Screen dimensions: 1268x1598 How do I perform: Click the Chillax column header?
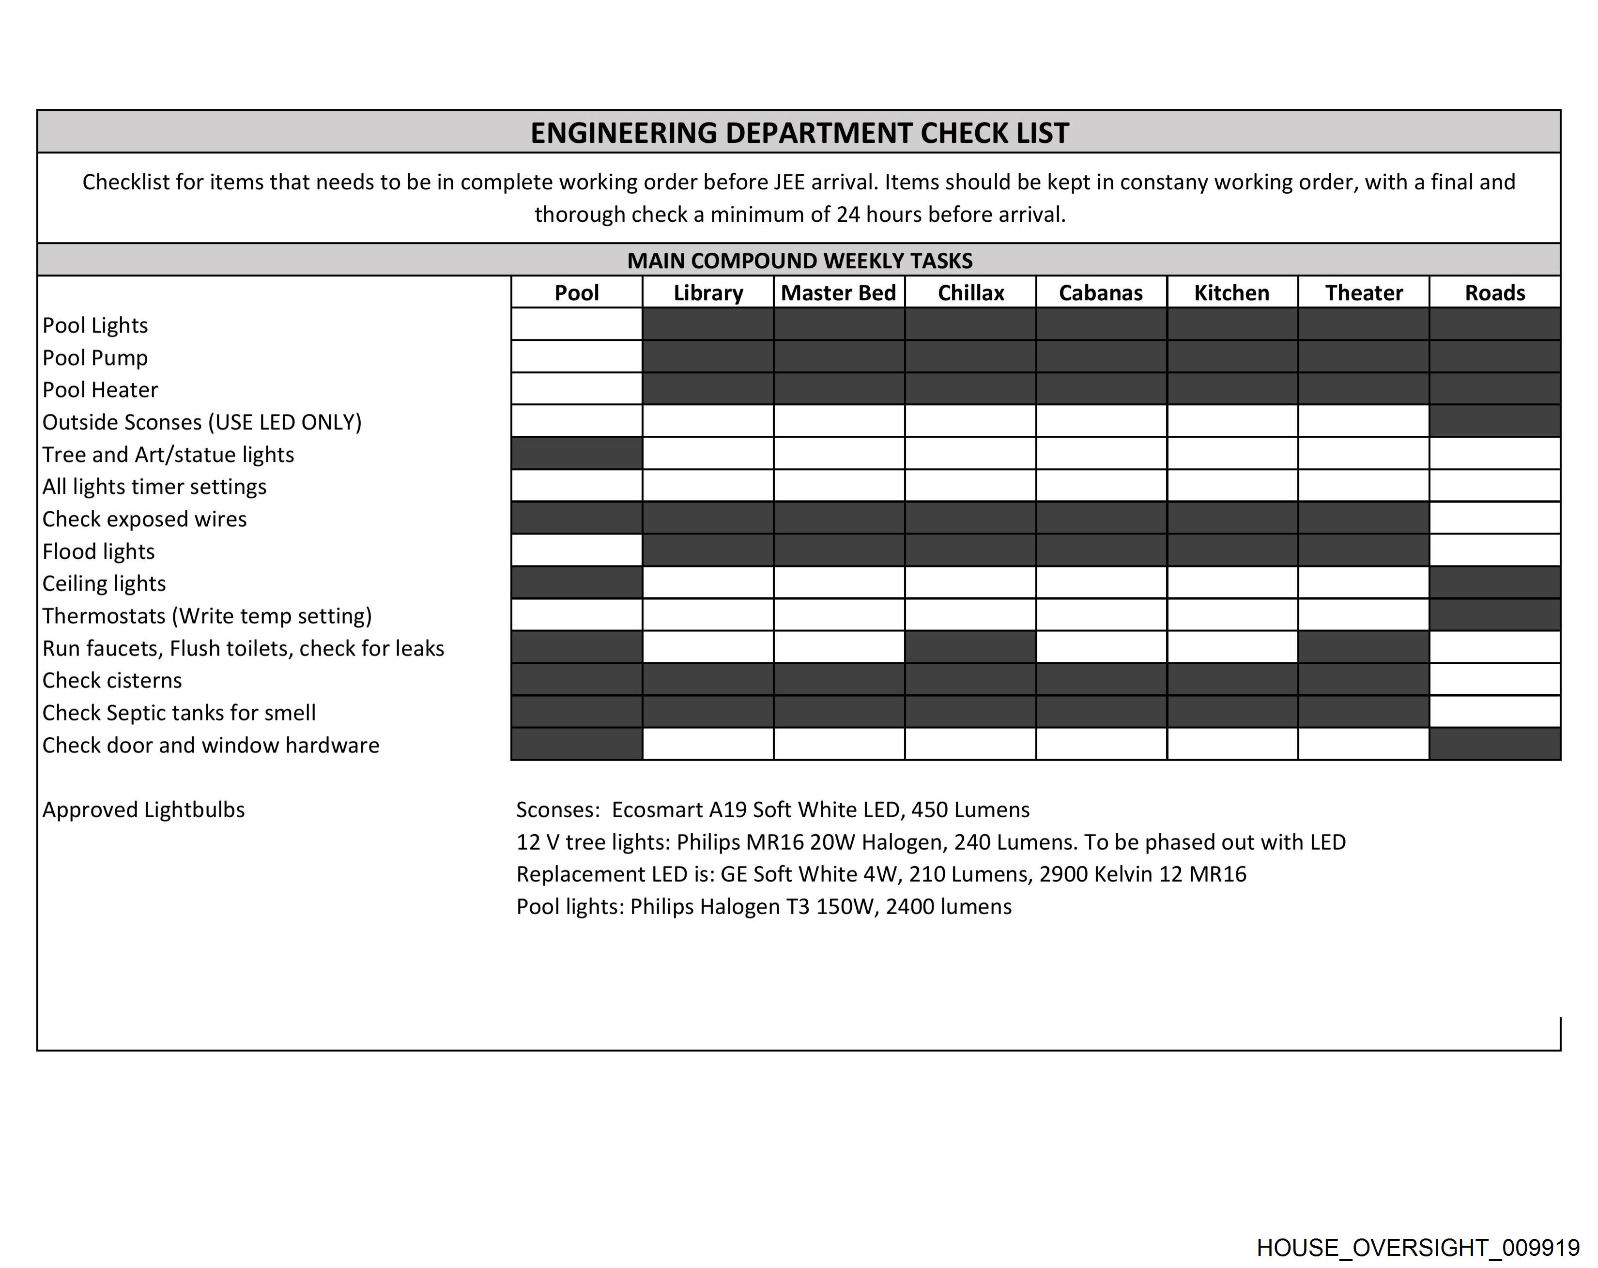pos(970,293)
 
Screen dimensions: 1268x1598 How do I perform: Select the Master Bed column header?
pos(838,293)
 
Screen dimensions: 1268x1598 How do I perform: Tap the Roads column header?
pos(1494,293)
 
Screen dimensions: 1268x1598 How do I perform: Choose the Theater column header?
pos(1363,293)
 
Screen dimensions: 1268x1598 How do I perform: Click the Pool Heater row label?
pos(100,390)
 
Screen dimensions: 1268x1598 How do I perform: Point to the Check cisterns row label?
pos(112,680)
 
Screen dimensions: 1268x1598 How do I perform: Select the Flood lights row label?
pos(99,551)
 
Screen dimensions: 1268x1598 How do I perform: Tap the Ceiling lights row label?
pos(104,584)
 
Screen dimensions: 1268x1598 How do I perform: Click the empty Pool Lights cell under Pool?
pos(577,324)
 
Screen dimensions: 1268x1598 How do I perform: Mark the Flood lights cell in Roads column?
pos(1494,550)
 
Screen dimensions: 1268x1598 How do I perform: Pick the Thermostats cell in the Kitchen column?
pos(1232,615)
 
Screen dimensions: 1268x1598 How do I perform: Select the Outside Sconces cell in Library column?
pos(708,421)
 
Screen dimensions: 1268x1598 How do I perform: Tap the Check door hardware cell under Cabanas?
pos(1101,744)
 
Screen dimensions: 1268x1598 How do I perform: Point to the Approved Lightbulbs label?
pos(143,810)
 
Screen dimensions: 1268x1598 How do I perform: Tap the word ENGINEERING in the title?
pos(624,134)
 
